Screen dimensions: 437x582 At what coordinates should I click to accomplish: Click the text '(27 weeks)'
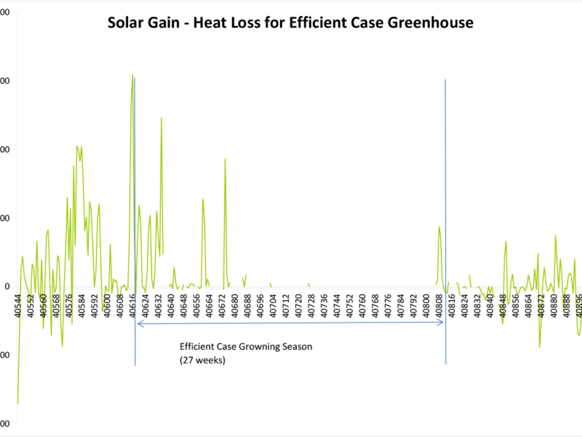tap(202, 360)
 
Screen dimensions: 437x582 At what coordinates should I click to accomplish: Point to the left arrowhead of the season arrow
tap(137, 323)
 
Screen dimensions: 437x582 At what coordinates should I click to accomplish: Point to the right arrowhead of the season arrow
tap(442, 323)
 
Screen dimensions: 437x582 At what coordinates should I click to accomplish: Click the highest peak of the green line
tap(132, 74)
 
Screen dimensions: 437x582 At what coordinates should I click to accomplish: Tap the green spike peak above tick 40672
tap(225, 159)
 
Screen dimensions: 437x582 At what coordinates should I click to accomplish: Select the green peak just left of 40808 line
tap(439, 227)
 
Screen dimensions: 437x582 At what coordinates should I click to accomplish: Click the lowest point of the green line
tap(17, 403)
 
